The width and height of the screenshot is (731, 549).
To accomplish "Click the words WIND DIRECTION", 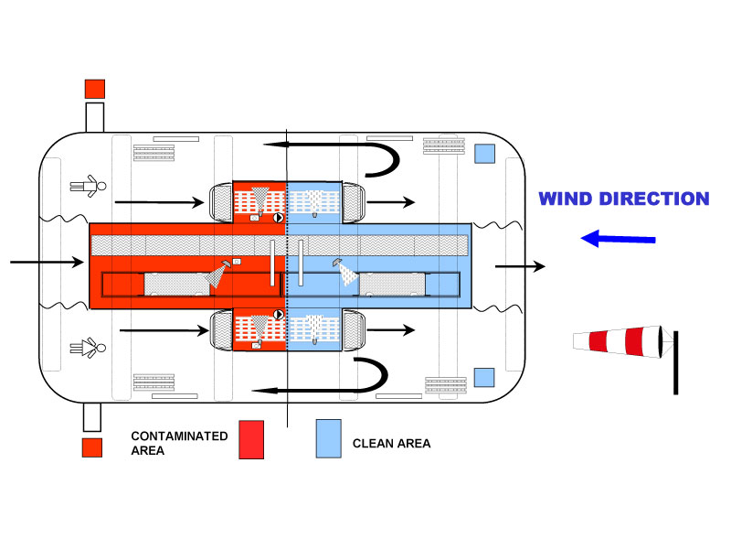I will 623,199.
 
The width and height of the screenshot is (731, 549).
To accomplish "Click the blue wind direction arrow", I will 619,239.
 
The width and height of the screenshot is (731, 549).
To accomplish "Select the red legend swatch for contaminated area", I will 250,439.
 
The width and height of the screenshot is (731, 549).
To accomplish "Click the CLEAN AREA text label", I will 391,444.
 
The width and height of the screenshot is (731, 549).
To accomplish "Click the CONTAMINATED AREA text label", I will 179,443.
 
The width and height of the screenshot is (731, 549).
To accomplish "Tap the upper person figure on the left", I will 89,187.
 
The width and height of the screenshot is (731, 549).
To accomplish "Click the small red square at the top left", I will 94,89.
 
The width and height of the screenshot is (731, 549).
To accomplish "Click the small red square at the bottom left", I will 91,447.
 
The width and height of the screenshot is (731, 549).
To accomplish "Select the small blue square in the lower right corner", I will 484,377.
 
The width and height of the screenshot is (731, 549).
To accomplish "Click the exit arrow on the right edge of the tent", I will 520,266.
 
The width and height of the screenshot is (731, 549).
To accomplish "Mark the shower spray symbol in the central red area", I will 219,274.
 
